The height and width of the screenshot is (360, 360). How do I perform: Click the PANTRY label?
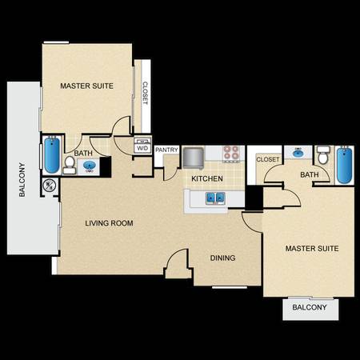point(166,150)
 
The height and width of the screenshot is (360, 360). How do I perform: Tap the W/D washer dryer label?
point(142,148)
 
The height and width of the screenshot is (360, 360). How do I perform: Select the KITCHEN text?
point(207,178)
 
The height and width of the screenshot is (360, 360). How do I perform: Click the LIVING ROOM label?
point(109,223)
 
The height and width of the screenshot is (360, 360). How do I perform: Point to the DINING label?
point(222,258)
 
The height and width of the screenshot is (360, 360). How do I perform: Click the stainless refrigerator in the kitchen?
point(194,158)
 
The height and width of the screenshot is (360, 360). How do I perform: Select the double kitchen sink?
point(214,198)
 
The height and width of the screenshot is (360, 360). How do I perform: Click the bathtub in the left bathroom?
point(52,155)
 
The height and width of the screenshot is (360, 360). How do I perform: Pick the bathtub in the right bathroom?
point(344,165)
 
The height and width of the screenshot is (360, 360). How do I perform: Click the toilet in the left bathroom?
point(70,166)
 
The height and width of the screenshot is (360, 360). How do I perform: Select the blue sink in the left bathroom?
point(89,166)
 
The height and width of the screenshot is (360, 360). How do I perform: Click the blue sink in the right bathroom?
point(298,154)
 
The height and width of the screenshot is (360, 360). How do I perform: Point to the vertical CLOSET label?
point(145,93)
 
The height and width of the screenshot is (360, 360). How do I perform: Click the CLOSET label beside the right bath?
point(267,159)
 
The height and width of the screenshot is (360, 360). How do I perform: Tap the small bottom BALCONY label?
point(310,307)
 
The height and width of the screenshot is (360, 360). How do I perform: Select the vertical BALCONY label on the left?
point(22,179)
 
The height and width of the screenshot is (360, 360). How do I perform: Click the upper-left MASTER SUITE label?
point(86,86)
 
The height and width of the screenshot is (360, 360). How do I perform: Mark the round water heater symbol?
point(50,186)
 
